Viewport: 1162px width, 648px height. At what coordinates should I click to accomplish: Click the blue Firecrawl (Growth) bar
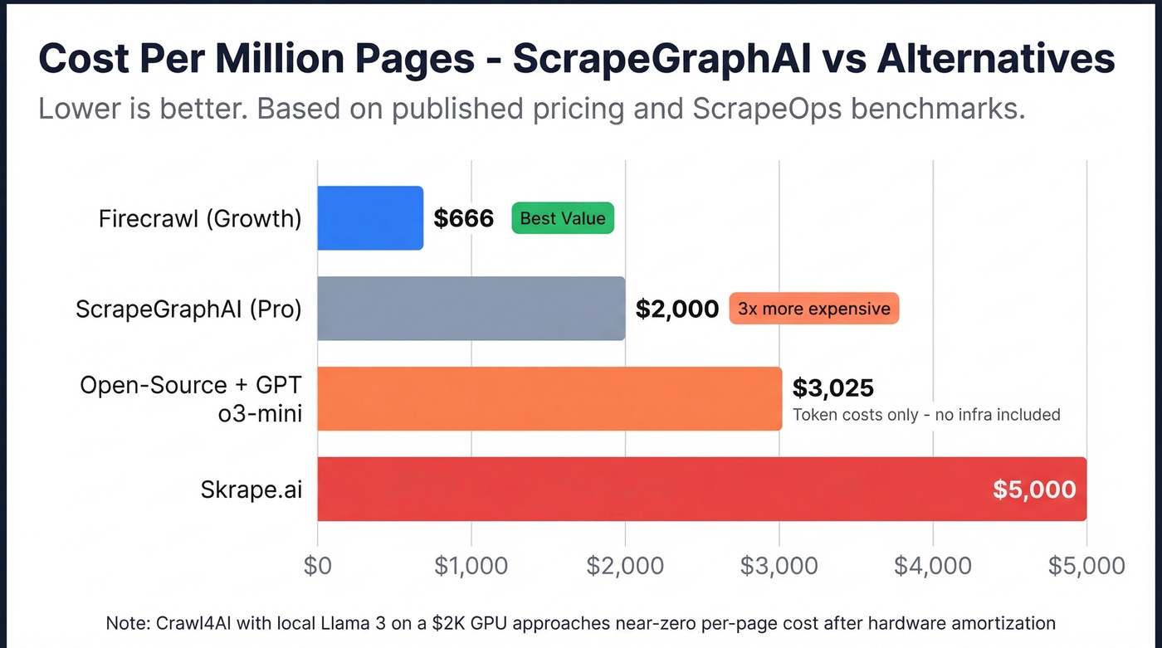coord(370,218)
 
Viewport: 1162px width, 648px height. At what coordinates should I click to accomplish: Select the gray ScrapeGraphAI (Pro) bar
coord(471,309)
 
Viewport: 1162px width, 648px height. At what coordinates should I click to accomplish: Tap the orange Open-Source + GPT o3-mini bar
coord(549,398)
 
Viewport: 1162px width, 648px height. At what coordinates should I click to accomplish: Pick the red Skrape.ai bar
coord(647,489)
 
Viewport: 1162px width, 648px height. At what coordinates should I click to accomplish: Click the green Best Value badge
coord(563,218)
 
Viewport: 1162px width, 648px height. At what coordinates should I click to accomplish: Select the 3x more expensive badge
coord(813,309)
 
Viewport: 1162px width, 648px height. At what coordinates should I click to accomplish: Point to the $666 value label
coord(464,219)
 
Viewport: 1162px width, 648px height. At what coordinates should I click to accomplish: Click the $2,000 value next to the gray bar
coord(676,309)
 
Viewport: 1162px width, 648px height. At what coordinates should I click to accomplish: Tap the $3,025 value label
coord(833,387)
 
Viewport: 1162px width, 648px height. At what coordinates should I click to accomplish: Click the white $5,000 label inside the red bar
coord(1034,490)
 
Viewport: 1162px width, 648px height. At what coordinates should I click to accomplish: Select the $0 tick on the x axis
coord(318,566)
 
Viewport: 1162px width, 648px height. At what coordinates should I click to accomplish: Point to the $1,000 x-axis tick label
coord(471,566)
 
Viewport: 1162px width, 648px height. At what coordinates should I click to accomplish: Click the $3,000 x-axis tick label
coord(779,566)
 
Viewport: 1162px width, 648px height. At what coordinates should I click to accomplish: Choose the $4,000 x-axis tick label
coord(933,566)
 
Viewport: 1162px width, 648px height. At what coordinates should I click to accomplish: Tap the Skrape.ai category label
coord(251,490)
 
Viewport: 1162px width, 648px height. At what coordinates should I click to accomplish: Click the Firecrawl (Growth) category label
coord(200,219)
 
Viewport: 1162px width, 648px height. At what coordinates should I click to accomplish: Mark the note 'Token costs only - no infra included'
coord(926,414)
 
